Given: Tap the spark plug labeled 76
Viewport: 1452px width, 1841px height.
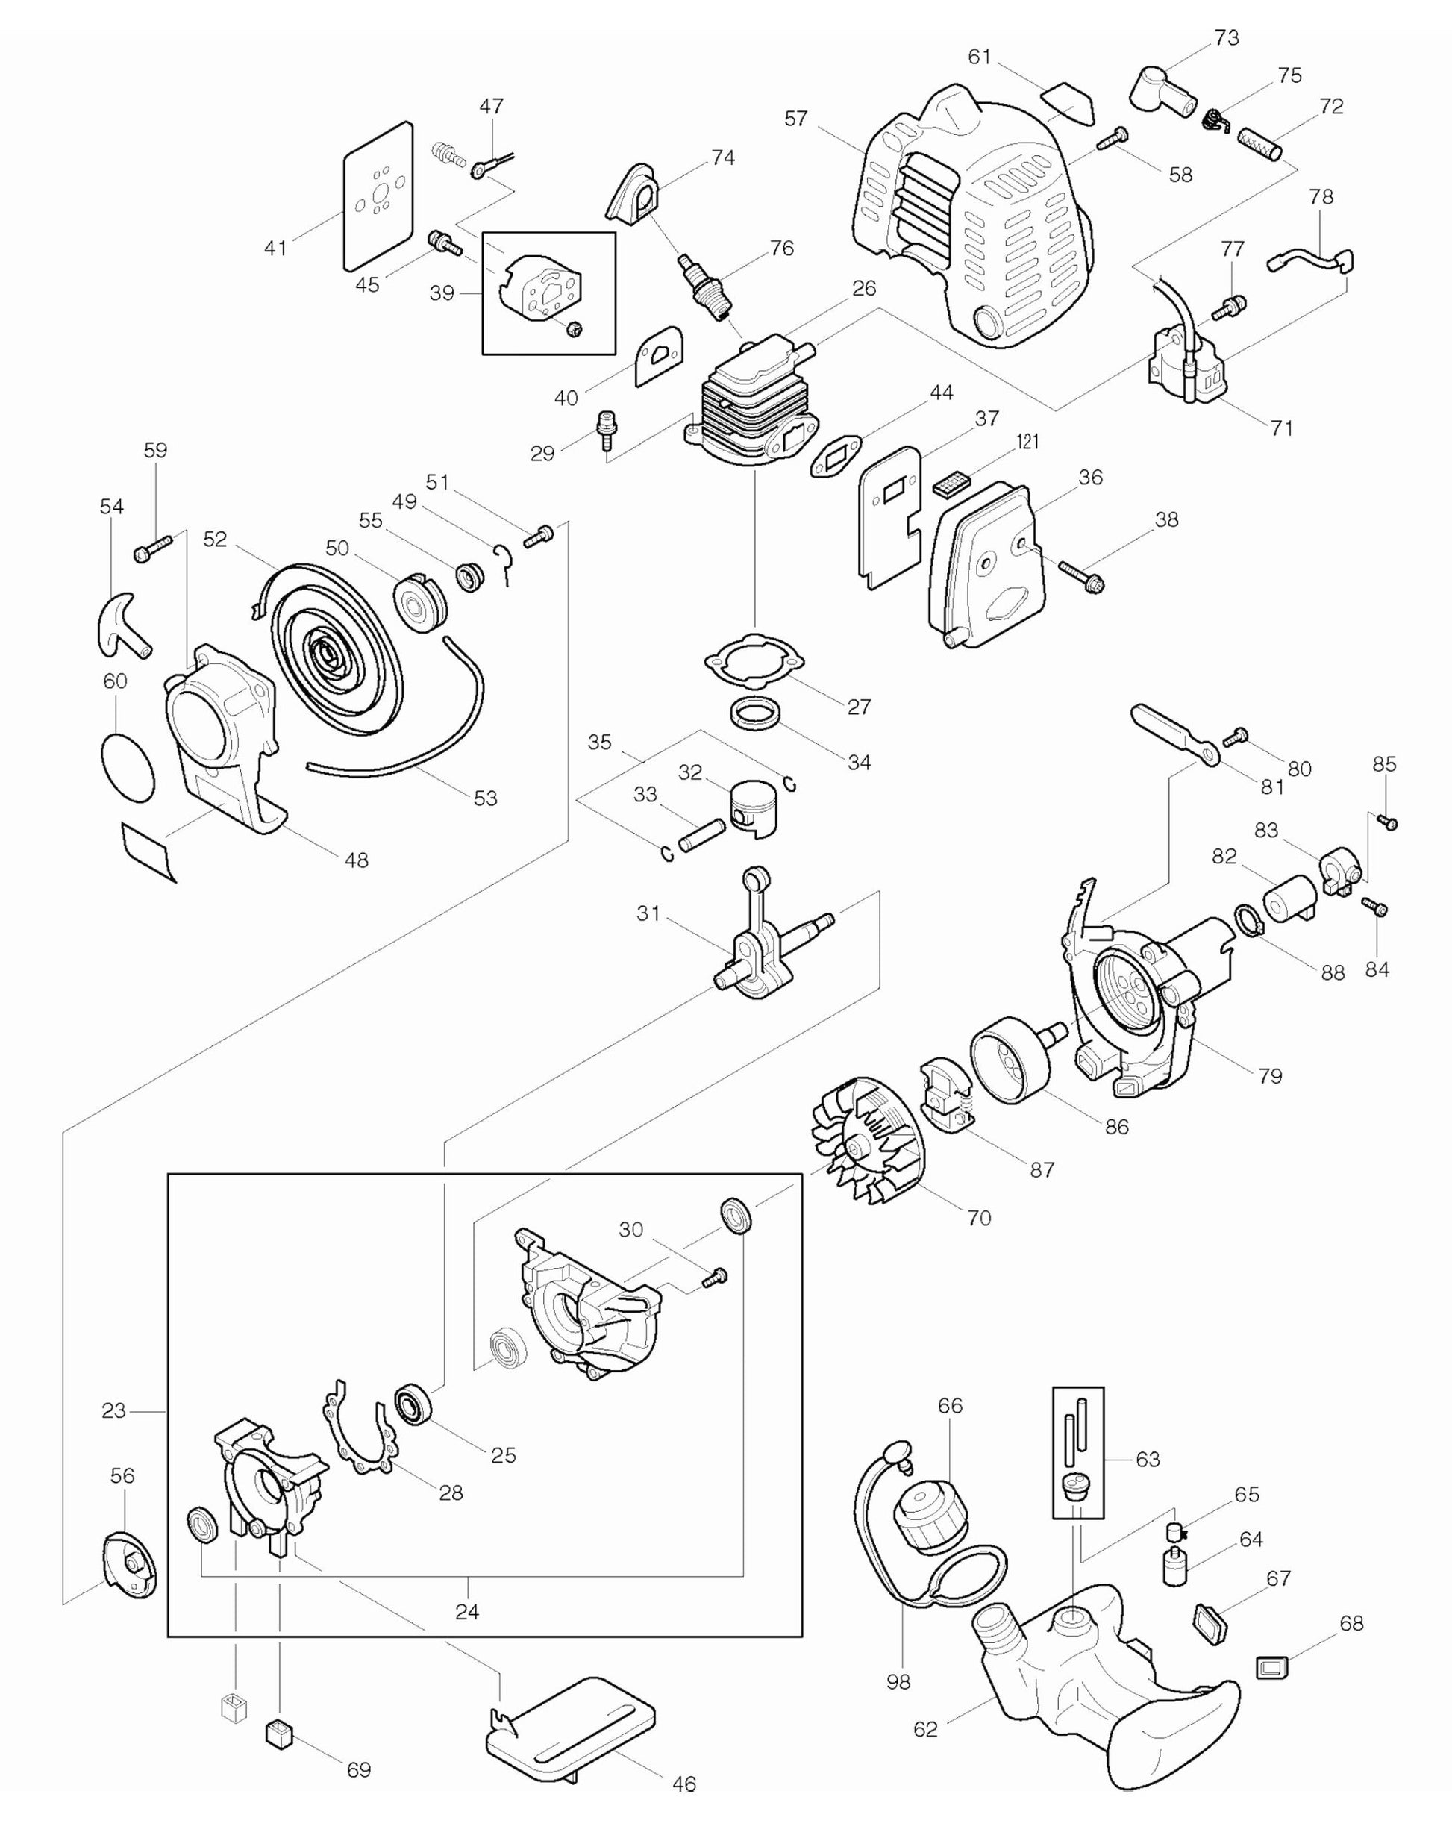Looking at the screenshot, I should [x=703, y=286].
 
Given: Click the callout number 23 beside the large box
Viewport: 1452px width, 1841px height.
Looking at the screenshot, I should [x=113, y=1410].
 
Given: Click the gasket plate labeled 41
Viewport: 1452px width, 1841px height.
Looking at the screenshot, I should [x=378, y=196].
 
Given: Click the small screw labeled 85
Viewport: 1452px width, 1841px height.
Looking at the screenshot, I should [x=1387, y=822].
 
